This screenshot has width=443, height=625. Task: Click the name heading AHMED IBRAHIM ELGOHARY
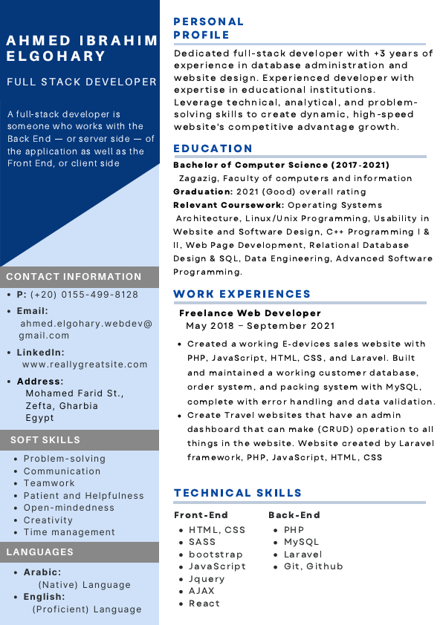coord(82,48)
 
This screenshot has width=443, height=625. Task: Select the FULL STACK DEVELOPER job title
coord(82,82)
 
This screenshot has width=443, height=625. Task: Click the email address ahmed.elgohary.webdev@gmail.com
coord(85,330)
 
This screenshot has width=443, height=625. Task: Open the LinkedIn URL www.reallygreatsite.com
coord(85,364)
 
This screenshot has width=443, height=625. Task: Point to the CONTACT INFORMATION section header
coord(74,277)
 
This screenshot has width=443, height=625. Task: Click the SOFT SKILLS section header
coord(45,440)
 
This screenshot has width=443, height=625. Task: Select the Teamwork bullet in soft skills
coord(49,483)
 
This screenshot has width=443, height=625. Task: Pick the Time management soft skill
coord(69,531)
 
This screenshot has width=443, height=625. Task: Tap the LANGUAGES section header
coord(40,552)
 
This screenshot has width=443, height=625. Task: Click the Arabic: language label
coord(42,573)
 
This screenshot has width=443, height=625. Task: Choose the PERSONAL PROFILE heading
coord(208,28)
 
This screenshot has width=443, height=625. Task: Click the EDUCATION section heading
coord(213,148)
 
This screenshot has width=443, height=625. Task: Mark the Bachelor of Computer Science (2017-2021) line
coord(282,165)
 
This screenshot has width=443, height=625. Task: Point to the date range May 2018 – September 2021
coord(260,326)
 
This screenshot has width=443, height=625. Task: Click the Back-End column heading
coord(294,515)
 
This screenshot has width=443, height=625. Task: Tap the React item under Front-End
coord(204,603)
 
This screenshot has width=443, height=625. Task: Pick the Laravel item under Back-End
coord(303,554)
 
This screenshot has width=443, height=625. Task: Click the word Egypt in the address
coord(40,418)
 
